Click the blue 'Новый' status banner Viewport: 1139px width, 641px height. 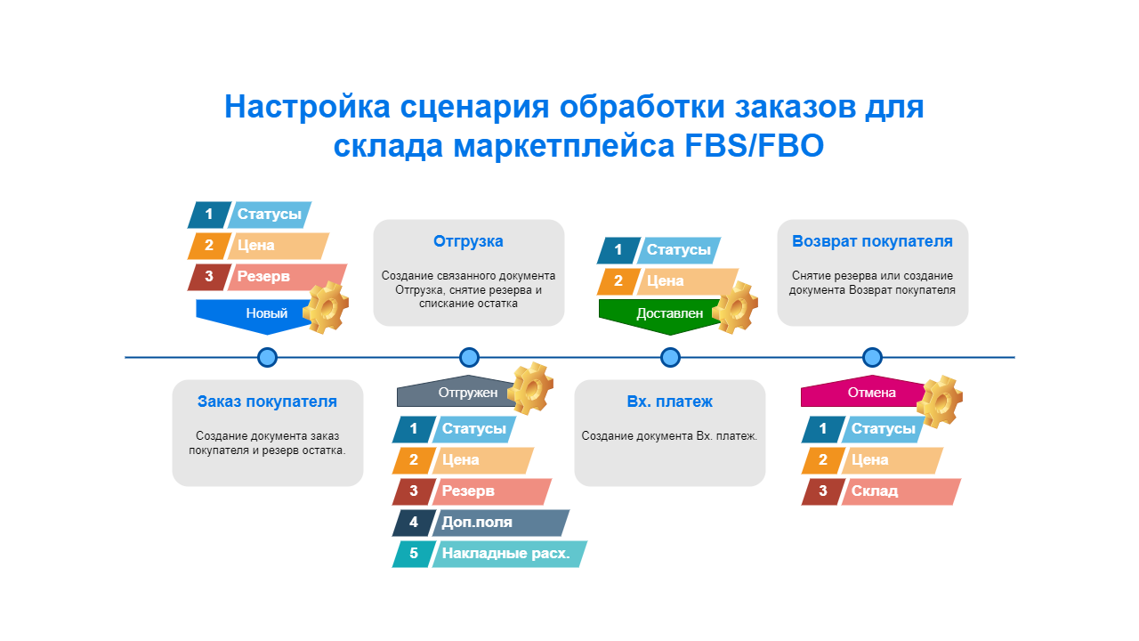click(x=258, y=313)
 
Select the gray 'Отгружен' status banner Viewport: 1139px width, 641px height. click(x=454, y=393)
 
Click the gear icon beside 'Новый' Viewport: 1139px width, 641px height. click(x=325, y=307)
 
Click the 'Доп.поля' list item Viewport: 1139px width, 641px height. click(x=498, y=523)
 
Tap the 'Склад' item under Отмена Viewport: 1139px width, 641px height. click(x=899, y=491)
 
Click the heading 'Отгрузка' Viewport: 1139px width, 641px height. click(x=468, y=241)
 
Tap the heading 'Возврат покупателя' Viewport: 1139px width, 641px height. click(x=872, y=241)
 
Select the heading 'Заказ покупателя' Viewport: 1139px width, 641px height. click(x=267, y=402)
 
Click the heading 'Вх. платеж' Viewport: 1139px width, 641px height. click(x=669, y=402)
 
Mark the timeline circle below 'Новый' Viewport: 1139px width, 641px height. click(x=267, y=357)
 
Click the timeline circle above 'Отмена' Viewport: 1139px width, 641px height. click(x=872, y=357)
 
